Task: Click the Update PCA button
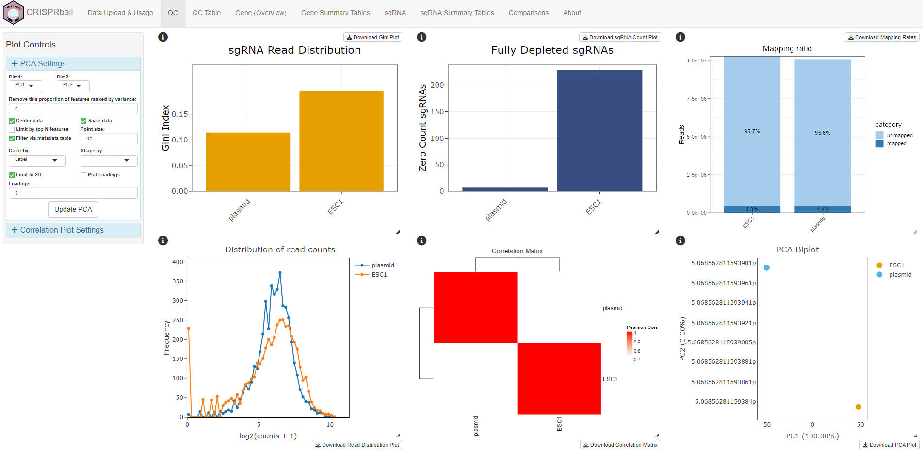click(73, 209)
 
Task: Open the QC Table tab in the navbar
click(206, 13)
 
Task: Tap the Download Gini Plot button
click(372, 37)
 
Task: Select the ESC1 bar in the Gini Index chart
click(341, 140)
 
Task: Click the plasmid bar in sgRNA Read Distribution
click(248, 162)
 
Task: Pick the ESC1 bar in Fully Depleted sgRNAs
click(599, 131)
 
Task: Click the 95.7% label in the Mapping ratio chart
click(752, 131)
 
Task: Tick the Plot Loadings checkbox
click(83, 175)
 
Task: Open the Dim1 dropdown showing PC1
click(25, 86)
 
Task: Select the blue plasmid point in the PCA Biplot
click(766, 268)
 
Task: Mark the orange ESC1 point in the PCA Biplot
click(858, 407)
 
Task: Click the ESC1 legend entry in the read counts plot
click(379, 275)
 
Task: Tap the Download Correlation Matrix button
click(620, 445)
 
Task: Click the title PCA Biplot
click(797, 249)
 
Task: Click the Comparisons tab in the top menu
click(528, 13)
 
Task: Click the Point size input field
click(109, 139)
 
